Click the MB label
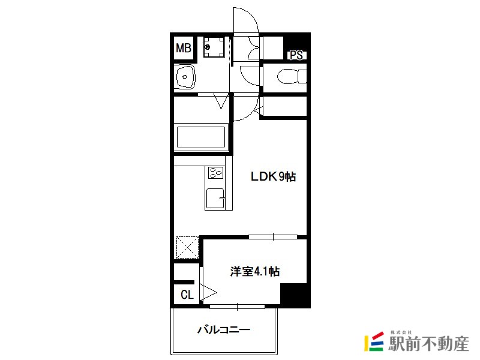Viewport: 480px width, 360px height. (x=184, y=48)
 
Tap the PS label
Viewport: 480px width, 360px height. (x=296, y=55)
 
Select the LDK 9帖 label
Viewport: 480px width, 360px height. (x=273, y=176)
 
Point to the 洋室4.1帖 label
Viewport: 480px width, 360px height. (x=254, y=272)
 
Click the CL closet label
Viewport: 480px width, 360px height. (x=187, y=295)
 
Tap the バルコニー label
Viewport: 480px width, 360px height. (x=224, y=329)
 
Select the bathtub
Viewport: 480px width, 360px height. (x=201, y=137)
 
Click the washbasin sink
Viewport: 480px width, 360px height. (x=185, y=77)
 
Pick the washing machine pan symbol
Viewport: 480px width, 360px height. (x=214, y=47)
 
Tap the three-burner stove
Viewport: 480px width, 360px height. (x=216, y=172)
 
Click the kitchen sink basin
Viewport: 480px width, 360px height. (x=215, y=199)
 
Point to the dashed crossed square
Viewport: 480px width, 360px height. (x=188, y=247)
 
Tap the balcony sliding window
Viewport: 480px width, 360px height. (x=238, y=307)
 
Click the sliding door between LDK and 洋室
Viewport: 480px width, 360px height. (x=273, y=236)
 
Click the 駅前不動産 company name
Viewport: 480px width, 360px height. (x=428, y=344)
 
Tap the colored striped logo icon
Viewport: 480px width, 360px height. (x=374, y=341)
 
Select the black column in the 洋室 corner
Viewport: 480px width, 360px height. (x=295, y=294)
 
